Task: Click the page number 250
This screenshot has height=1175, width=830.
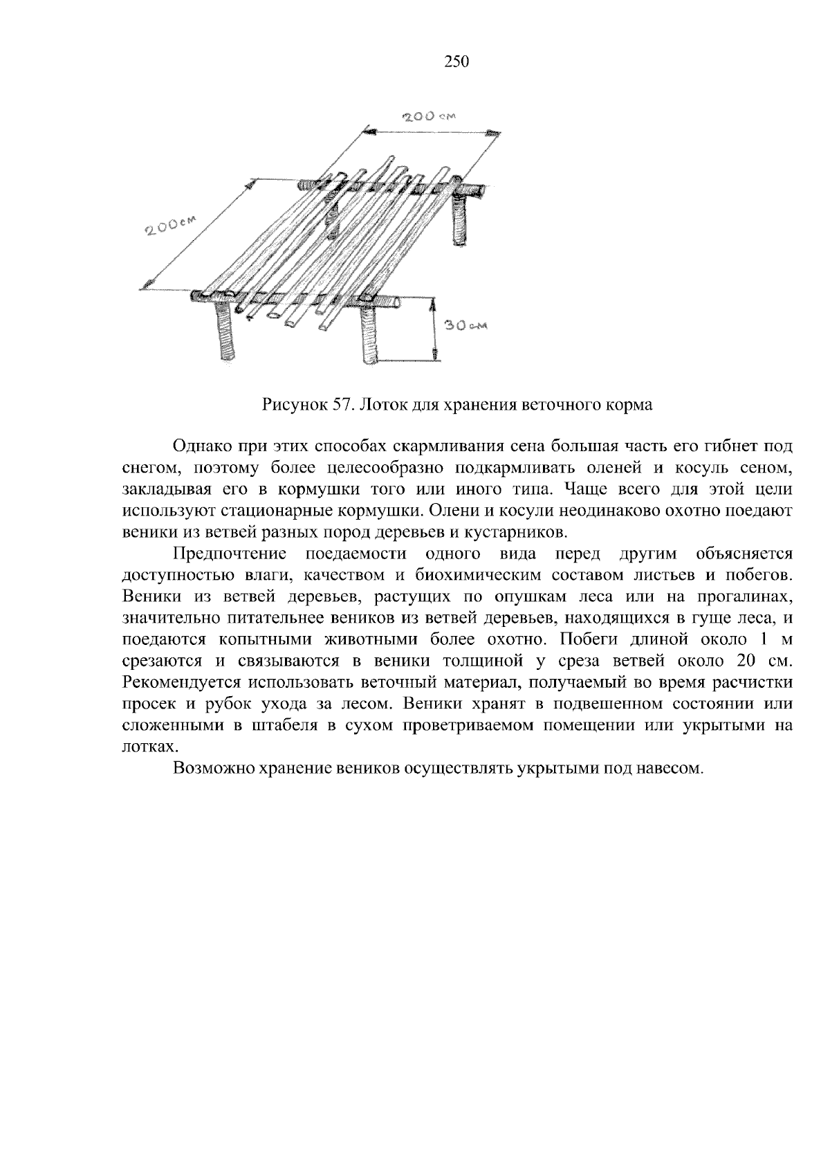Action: (x=456, y=62)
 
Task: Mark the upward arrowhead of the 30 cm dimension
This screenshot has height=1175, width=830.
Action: (x=434, y=303)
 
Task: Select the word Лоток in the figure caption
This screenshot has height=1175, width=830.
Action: (x=379, y=405)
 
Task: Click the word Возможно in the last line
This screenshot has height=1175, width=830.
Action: (x=208, y=768)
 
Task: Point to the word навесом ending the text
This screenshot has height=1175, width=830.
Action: (x=673, y=768)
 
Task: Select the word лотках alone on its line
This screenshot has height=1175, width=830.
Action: (x=144, y=747)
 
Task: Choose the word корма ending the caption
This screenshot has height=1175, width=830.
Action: (x=631, y=405)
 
